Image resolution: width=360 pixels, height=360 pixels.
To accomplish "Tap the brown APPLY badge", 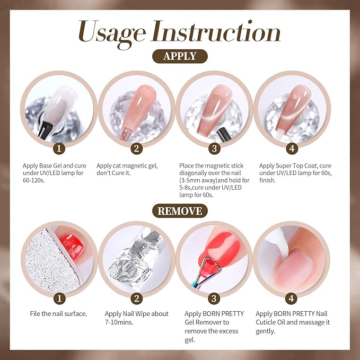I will click(180, 56).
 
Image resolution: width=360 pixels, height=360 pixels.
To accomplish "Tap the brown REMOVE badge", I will click(180, 211).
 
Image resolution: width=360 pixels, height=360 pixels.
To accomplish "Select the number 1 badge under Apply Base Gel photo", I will click(60, 147).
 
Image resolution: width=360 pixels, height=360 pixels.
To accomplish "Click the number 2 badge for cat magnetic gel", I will click(137, 147).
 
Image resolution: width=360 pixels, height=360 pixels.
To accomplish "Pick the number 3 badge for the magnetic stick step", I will click(215, 147).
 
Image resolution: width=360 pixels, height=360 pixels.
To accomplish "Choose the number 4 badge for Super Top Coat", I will click(292, 147).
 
